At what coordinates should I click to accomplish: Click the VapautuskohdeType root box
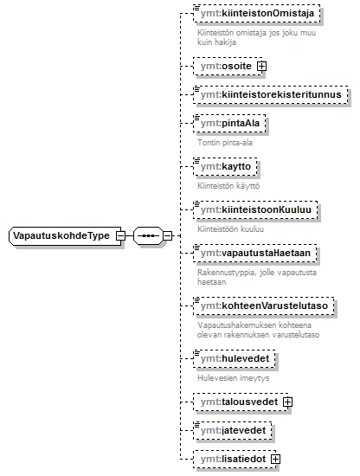tap(65, 235)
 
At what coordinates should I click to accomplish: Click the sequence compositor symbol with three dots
tap(148, 235)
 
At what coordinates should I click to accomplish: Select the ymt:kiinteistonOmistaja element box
tap(257, 13)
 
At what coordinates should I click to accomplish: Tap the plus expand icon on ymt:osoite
tap(261, 66)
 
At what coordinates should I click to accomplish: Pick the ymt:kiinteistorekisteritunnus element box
tap(271, 94)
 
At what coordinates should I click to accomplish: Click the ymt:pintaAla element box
tap(229, 123)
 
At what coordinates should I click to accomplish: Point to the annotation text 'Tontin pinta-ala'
tap(225, 143)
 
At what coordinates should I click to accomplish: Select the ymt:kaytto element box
tap(225, 166)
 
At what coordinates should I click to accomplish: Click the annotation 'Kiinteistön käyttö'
tap(228, 185)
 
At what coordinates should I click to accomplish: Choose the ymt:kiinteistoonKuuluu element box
tap(255, 209)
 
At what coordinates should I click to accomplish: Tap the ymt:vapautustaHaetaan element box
tap(255, 253)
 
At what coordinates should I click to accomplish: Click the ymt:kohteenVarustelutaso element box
tap(263, 306)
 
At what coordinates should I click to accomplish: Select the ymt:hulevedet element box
tap(235, 358)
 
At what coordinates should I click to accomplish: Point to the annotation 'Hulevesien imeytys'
tap(233, 378)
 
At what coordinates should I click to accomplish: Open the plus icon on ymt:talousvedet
tap(287, 402)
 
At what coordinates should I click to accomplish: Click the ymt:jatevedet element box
tap(233, 430)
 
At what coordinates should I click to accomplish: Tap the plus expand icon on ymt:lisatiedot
tap(275, 459)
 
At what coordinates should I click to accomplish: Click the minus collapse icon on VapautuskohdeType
tap(121, 235)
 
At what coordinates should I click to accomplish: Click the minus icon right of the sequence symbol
tap(168, 235)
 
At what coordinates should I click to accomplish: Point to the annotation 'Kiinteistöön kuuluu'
tap(231, 228)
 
